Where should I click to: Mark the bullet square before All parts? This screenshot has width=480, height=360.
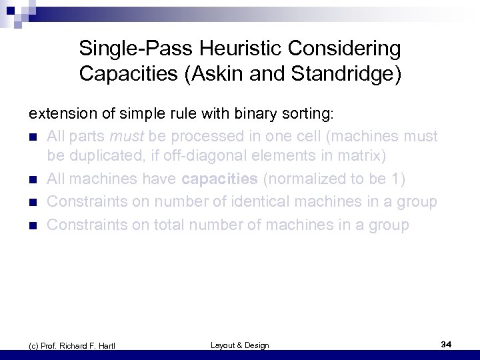tap(32, 137)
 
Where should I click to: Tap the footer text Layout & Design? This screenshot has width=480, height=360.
tap(239, 345)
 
